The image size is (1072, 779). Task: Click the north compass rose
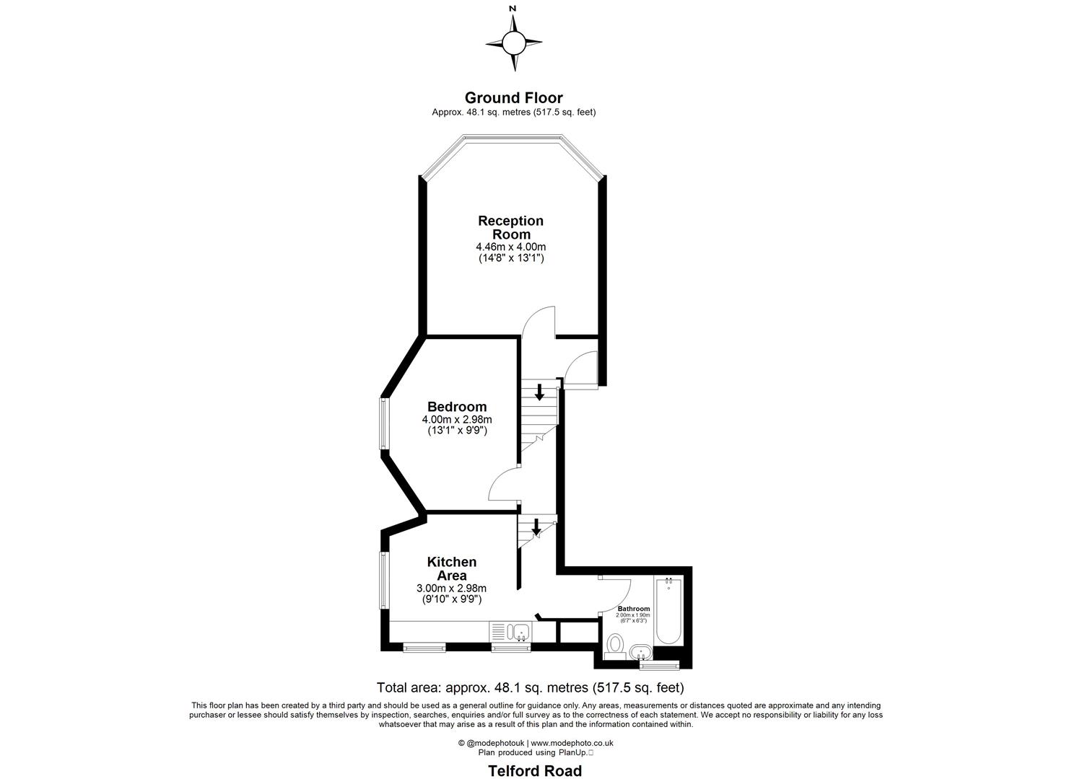(x=513, y=42)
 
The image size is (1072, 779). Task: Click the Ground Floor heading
(x=513, y=97)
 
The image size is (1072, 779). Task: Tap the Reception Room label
(x=511, y=227)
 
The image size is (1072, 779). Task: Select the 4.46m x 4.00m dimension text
(x=511, y=247)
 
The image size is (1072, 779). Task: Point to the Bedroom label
(x=457, y=407)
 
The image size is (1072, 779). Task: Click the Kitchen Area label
(x=452, y=568)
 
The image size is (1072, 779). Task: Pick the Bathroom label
(x=634, y=609)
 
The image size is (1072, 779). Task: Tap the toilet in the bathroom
(x=616, y=643)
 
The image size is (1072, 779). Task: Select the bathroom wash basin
(x=640, y=652)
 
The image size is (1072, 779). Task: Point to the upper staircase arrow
(x=539, y=392)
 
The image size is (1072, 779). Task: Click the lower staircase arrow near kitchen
(x=536, y=527)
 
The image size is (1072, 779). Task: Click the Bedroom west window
(x=385, y=423)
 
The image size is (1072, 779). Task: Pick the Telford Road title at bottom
(x=535, y=770)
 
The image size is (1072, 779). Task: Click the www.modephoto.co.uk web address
(x=572, y=743)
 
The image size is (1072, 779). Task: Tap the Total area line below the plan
(x=531, y=687)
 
